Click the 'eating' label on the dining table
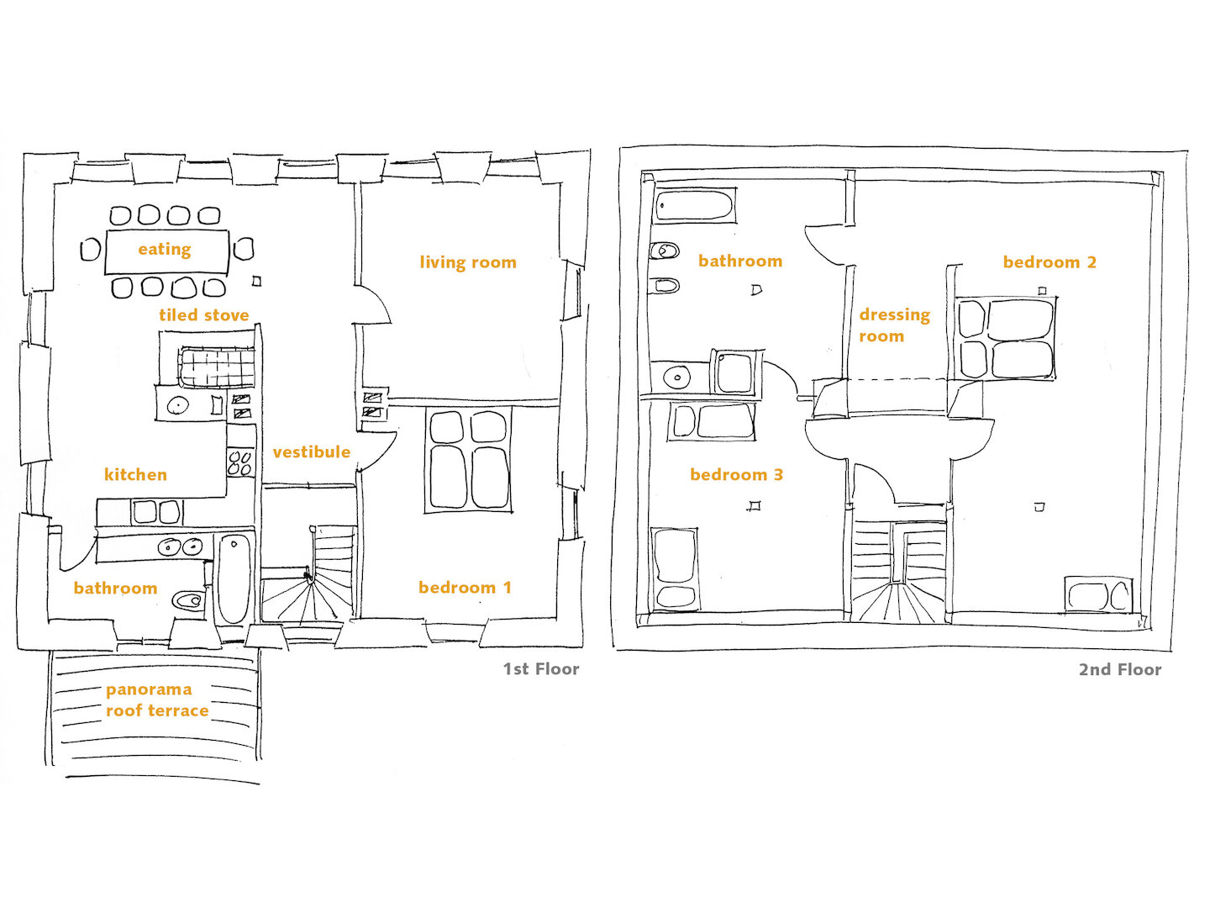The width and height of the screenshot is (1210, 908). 164,250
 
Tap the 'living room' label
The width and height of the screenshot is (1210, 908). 468,261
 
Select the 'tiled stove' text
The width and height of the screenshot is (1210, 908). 204,314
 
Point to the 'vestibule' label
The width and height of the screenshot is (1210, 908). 312,452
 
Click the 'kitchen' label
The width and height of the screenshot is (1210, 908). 135,475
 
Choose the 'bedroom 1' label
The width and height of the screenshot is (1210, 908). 465,588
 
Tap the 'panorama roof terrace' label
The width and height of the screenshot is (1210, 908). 157,700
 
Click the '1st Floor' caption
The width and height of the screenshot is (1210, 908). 541,669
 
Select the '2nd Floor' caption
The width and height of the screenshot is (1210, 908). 1119,670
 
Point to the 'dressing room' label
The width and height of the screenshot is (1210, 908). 894,325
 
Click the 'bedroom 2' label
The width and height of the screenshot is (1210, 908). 1050,261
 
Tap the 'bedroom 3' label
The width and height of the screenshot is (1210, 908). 736,475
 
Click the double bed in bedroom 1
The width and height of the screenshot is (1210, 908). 469,461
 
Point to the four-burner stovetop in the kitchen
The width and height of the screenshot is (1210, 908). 241,462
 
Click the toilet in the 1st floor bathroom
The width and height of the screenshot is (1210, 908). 187,599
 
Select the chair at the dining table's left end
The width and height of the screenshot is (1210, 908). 91,249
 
